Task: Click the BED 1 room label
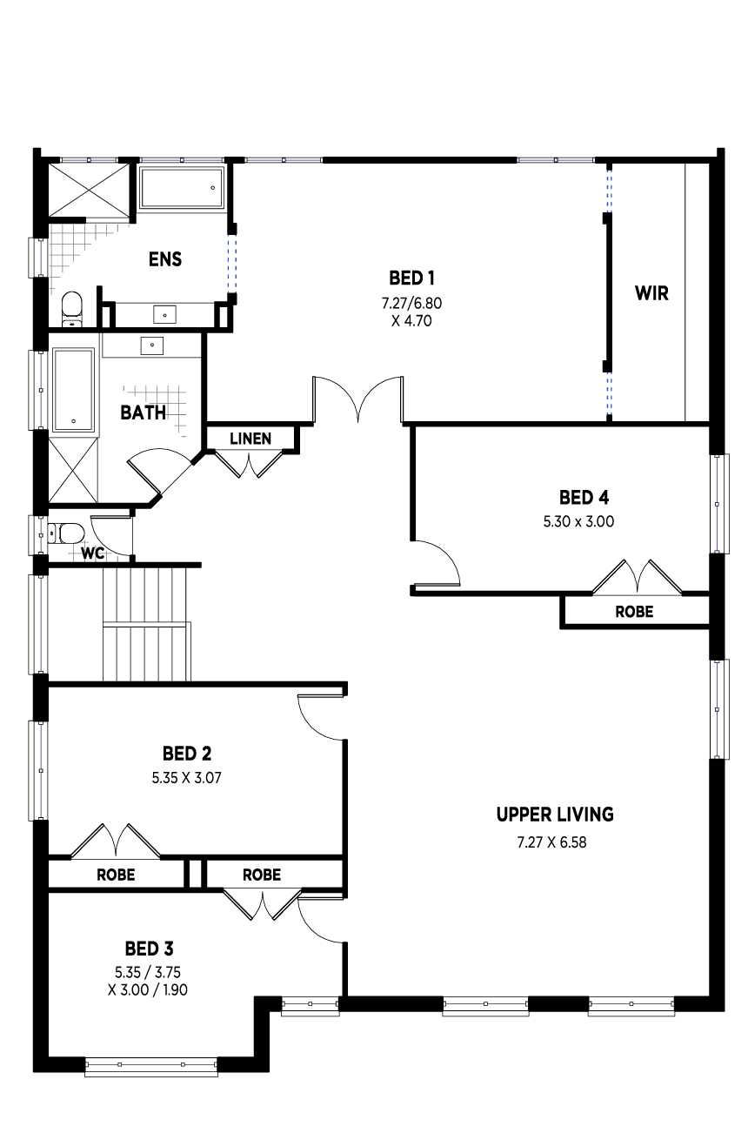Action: click(x=411, y=278)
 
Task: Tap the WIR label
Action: click(x=651, y=293)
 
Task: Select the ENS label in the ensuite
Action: click(x=164, y=259)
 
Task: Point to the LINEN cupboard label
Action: click(x=250, y=439)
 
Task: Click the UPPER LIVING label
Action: click(x=555, y=815)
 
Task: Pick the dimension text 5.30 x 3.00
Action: click(x=578, y=521)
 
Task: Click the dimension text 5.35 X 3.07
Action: click(x=187, y=778)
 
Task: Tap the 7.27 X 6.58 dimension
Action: click(x=551, y=842)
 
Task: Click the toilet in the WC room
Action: click(x=65, y=534)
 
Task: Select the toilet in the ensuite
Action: click(x=71, y=310)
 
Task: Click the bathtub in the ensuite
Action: click(x=182, y=187)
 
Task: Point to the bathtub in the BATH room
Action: click(x=74, y=390)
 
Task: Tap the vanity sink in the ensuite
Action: click(x=164, y=314)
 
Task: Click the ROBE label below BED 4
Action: click(x=634, y=611)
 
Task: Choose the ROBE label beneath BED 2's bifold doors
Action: click(x=116, y=875)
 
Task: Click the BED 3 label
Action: click(x=149, y=949)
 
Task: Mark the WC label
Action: click(x=92, y=553)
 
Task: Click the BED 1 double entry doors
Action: click(x=358, y=400)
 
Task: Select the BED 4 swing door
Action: click(x=436, y=563)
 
